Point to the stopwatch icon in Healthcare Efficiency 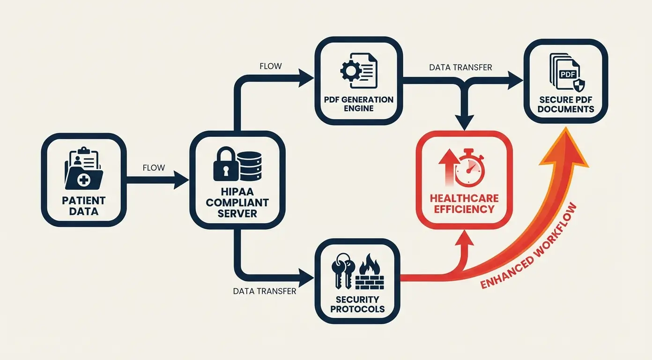pyautogui.click(x=470, y=167)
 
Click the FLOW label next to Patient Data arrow pyautogui.click(x=154, y=168)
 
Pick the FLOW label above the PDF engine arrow pyautogui.click(x=271, y=66)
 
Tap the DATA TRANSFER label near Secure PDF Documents pyautogui.click(x=460, y=67)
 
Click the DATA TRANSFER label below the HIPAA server pyautogui.click(x=265, y=291)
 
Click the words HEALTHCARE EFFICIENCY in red pyautogui.click(x=464, y=203)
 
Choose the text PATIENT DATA pyautogui.click(x=84, y=206)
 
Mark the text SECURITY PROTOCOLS pyautogui.click(x=357, y=304)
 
